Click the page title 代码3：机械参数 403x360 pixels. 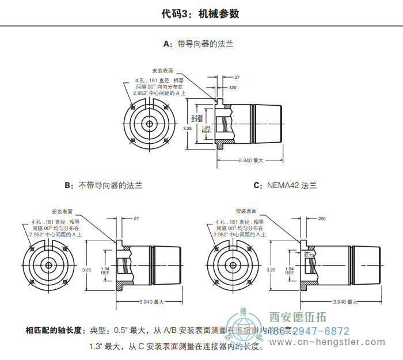[x=201, y=14]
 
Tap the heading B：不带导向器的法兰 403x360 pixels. [x=103, y=186]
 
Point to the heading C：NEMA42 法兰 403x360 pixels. [x=285, y=186]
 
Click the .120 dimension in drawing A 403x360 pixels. [x=233, y=87]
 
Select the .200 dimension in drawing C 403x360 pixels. [x=321, y=219]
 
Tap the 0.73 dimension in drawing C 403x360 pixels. [x=309, y=255]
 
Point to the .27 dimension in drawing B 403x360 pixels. [x=136, y=219]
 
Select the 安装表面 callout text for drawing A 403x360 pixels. [x=163, y=70]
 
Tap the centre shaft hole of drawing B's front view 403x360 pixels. [x=49, y=265]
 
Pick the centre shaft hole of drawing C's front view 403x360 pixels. [x=233, y=265]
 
